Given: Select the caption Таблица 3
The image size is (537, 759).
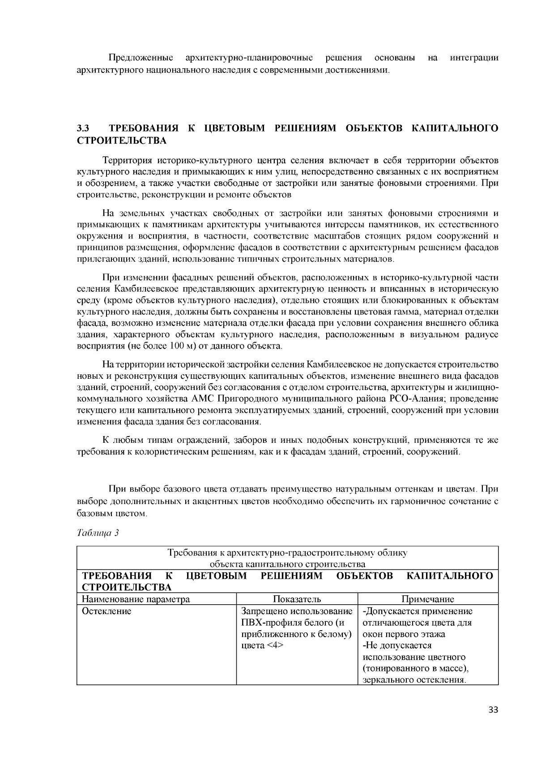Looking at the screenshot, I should tap(98, 533).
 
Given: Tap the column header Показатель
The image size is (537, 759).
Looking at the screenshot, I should tap(297, 599).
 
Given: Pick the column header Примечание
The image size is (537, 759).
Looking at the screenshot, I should tap(428, 599).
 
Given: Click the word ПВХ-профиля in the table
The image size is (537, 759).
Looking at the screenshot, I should tap(268, 623).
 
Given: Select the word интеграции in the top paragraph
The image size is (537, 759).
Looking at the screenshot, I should tap(474, 58).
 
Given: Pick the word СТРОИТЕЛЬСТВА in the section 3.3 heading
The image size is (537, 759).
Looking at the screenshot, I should tap(122, 141).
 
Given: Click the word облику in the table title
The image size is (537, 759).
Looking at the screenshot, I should tap(396, 553).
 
